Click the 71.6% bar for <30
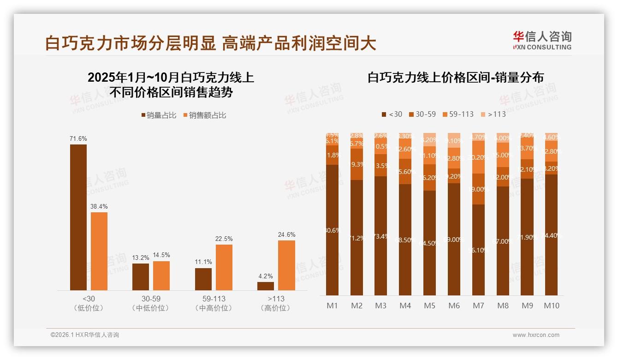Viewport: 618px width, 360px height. (78, 217)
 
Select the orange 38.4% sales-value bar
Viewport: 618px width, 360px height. (99, 251)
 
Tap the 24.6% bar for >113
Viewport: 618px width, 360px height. (286, 265)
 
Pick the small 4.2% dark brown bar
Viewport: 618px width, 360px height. (265, 286)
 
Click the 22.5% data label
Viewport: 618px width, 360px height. (224, 239)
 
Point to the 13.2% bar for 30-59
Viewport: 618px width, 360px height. (141, 276)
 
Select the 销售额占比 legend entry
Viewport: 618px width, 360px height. (205, 115)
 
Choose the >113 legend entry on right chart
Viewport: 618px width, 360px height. (493, 114)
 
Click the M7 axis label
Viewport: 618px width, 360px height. (478, 306)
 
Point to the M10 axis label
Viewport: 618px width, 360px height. (551, 306)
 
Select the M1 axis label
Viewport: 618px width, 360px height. (332, 306)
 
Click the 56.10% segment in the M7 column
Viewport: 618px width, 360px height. (478, 250)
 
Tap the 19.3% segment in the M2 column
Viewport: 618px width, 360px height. (357, 164)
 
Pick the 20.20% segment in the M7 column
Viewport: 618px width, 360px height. (478, 157)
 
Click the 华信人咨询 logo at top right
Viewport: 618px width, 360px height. (542, 40)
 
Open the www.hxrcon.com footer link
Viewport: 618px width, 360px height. (536, 335)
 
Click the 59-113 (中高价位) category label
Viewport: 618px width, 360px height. (214, 303)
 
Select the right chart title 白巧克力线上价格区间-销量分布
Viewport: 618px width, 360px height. (455, 78)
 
